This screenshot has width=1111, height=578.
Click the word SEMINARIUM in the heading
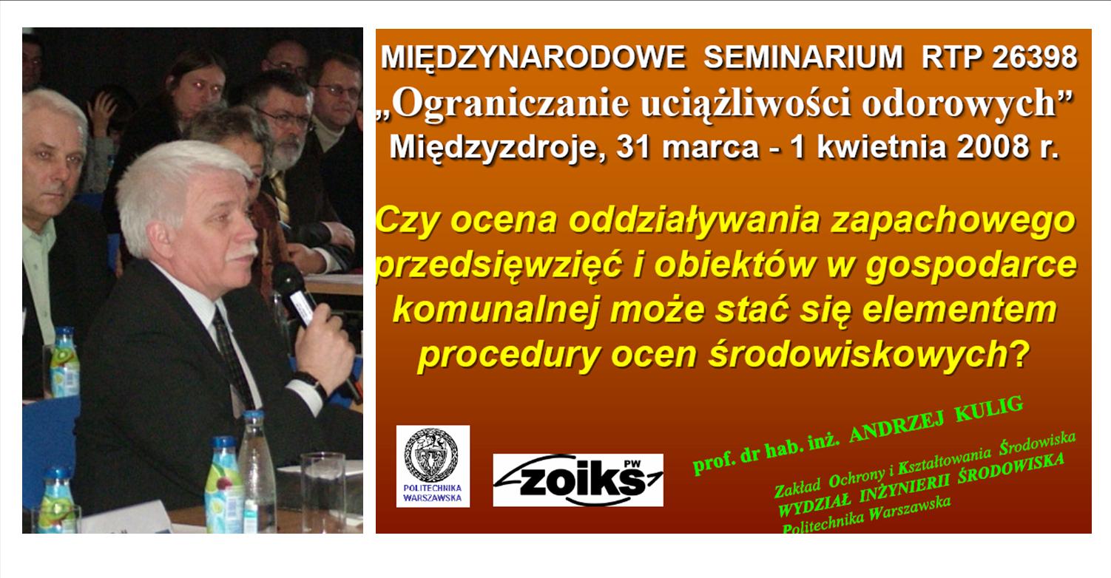(803, 57)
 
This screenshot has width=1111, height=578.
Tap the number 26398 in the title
(1035, 57)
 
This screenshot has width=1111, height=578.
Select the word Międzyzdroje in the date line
(498, 148)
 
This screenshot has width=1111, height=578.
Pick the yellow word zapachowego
(953, 221)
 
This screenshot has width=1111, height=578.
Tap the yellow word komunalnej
(496, 310)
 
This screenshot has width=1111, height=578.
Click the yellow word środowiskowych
(865, 355)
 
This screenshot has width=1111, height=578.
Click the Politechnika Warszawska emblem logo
(433, 466)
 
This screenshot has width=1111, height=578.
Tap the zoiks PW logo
(578, 480)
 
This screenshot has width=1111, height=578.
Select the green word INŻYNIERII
(905, 490)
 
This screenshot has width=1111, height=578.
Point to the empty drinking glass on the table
(323, 493)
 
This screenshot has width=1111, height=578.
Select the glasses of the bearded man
(286, 119)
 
